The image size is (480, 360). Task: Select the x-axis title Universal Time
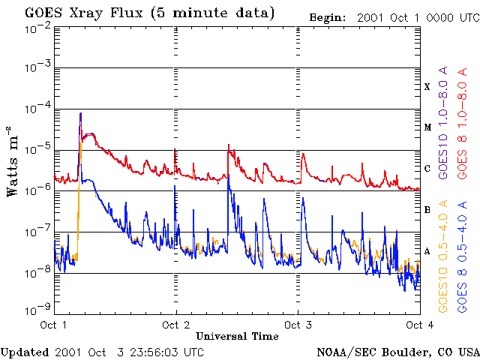pos(237,335)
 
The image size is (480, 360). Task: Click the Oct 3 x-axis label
pos(298,325)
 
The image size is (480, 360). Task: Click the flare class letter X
pos(427,87)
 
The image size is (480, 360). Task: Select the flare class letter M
pos(427,127)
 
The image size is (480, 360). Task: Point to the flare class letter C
pos(427,169)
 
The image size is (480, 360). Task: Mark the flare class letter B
pos(427,209)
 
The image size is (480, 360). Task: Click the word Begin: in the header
pos(327,16)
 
